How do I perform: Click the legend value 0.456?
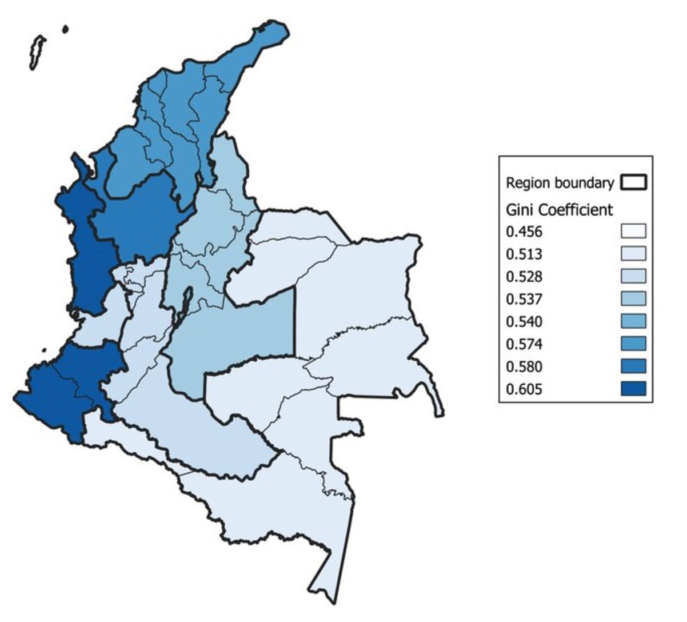coord(524,232)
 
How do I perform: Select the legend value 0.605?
coord(524,389)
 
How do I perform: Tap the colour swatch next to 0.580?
coord(633,366)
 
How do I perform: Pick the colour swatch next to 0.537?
coord(633,299)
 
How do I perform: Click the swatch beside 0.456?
coord(633,232)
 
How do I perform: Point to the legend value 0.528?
coord(524,277)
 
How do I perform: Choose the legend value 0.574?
coord(524,344)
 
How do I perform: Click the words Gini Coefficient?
coord(560,210)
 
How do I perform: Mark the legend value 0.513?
coord(524,254)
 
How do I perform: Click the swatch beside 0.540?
coord(633,321)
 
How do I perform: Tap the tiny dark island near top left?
coord(66,29)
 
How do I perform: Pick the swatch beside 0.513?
coord(633,254)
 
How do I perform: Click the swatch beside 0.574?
coord(633,344)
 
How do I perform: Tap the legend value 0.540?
coord(524,321)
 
